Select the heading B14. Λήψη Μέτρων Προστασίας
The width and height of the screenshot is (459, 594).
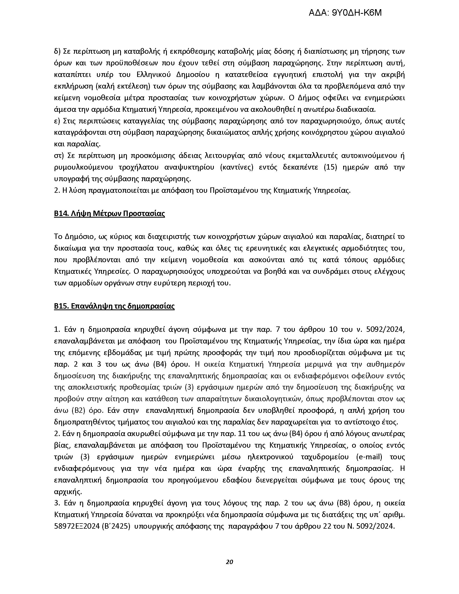pyautogui.click(x=109, y=214)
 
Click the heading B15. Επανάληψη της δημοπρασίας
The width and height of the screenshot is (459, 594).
pyautogui.click(x=114, y=306)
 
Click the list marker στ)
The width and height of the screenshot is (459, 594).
pyautogui.click(x=59, y=156)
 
